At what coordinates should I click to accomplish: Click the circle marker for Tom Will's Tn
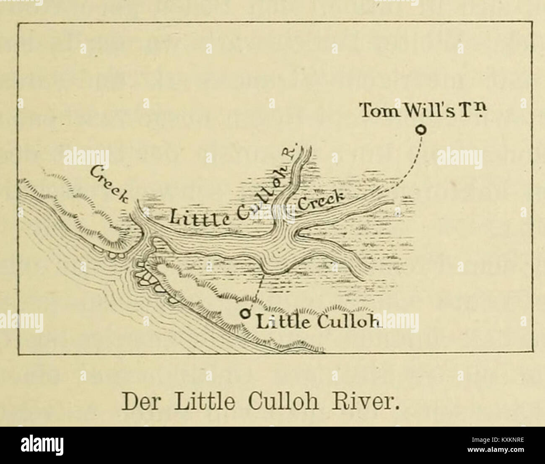(419, 130)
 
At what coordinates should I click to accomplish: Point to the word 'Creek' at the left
(108, 183)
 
